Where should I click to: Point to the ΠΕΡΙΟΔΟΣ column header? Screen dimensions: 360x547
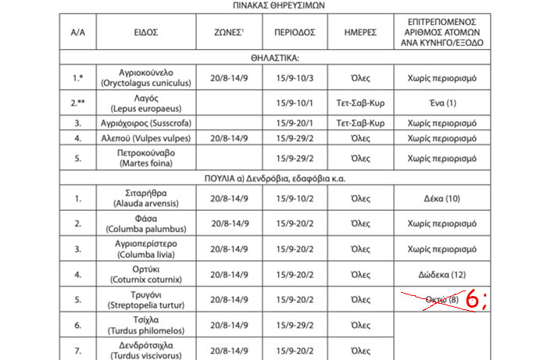(x=294, y=34)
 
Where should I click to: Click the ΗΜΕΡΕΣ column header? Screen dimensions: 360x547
(x=360, y=34)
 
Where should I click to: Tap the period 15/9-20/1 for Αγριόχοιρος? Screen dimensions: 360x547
(x=294, y=123)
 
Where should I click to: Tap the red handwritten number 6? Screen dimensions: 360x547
(x=474, y=299)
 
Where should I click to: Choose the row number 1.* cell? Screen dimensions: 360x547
(x=77, y=79)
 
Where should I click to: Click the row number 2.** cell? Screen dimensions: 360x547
(x=77, y=103)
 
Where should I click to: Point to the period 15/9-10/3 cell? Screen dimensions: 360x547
(x=294, y=79)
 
